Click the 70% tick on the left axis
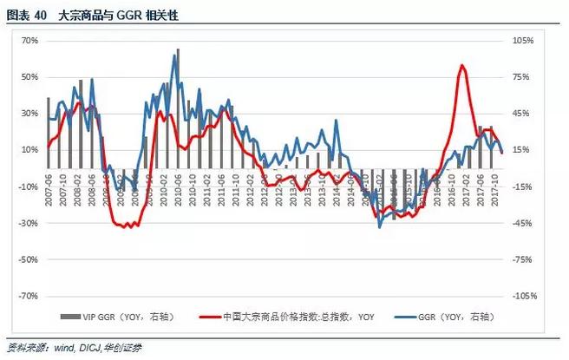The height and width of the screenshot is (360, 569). coord(29,41)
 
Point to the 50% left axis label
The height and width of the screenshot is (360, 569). coord(29,77)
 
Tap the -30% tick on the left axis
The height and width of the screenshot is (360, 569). coord(29,223)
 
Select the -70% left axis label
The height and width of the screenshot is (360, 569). coord(29,296)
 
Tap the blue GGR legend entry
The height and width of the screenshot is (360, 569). coord(455,317)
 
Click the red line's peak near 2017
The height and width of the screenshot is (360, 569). coord(461,65)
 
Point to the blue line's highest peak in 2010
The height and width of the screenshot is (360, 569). coord(177,50)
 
